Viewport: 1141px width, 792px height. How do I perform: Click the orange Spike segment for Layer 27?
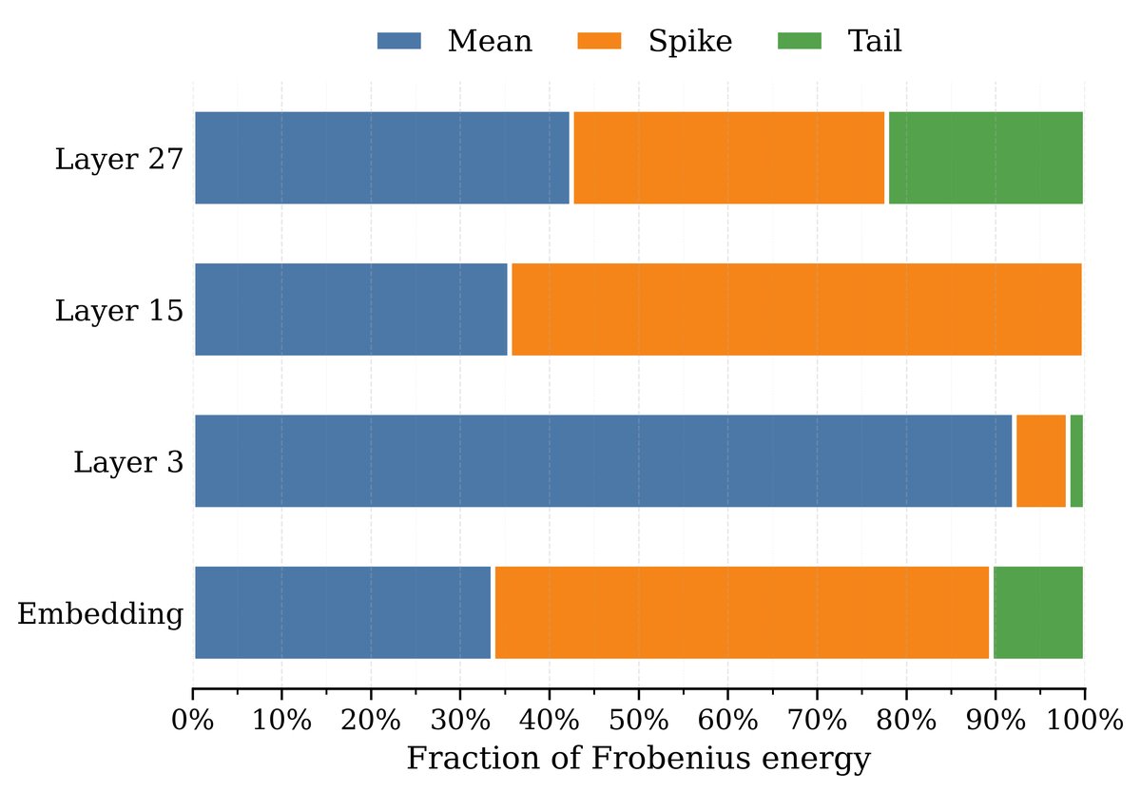coord(728,158)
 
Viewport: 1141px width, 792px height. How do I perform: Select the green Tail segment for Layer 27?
coord(985,158)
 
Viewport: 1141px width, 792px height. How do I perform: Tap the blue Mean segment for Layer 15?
coord(351,309)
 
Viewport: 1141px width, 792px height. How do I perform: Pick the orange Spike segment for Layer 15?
coord(796,309)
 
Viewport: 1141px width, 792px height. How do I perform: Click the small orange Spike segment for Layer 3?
coord(1041,461)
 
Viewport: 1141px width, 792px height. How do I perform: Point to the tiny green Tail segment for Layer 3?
coord(1076,461)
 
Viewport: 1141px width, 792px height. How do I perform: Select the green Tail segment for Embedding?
coord(1037,612)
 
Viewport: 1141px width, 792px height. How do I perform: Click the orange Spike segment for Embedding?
coord(742,612)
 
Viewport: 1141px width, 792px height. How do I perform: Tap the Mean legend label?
coord(490,41)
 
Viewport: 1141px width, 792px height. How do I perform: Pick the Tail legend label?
coord(875,41)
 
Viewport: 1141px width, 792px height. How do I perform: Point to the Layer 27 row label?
coord(119,159)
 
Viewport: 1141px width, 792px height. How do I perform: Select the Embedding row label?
coord(100,613)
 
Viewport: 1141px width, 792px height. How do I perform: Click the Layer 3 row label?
coord(128,462)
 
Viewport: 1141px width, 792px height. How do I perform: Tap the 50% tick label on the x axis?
coord(638,720)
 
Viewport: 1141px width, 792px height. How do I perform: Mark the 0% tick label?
coord(193,720)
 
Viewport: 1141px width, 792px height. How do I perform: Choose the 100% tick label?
coord(1084,720)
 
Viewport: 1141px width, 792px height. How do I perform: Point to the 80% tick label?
coord(906,720)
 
